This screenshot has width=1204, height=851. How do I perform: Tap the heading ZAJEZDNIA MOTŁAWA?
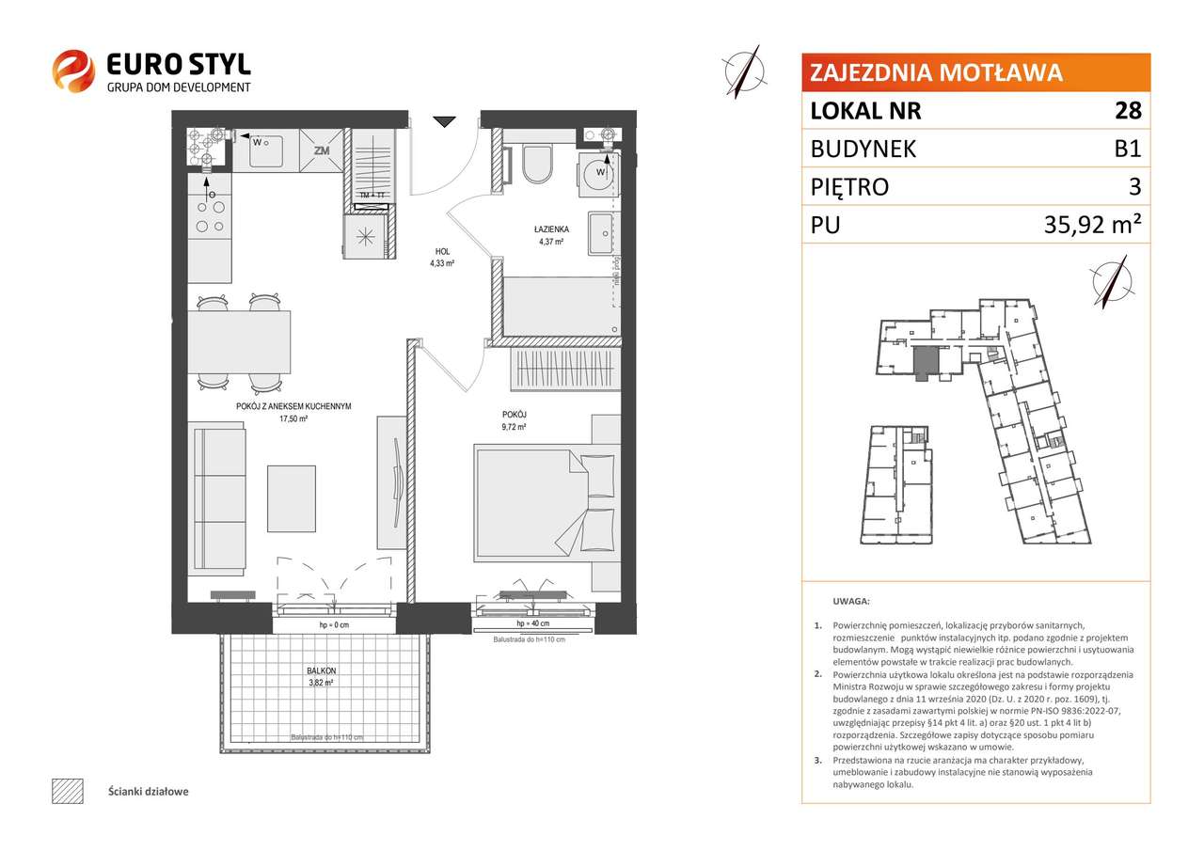click(x=936, y=72)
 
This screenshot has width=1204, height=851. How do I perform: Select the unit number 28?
click(x=1129, y=111)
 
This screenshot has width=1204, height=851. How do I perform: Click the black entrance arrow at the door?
click(x=445, y=121)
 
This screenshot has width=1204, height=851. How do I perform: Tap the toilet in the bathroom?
click(x=538, y=165)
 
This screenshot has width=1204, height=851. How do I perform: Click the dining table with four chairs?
click(x=239, y=342)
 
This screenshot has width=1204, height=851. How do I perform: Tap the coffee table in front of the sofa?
click(x=291, y=497)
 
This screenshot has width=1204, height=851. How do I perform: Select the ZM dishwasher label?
click(x=322, y=150)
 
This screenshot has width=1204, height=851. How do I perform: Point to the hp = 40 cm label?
click(x=532, y=624)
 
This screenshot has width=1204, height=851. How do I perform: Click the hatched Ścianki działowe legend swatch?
click(x=67, y=791)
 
